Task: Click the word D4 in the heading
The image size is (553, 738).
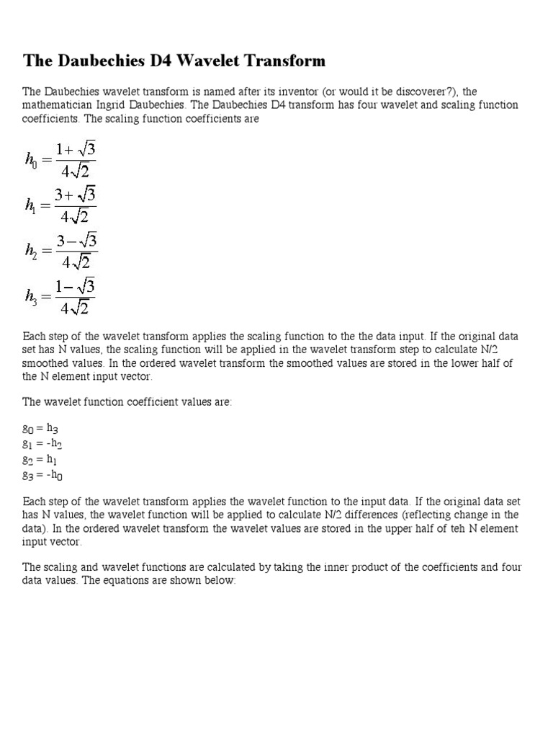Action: coord(174,61)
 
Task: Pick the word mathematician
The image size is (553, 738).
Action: coord(55,105)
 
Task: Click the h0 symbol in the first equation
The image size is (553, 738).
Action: coord(33,160)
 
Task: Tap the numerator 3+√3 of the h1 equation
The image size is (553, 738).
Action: coord(75,196)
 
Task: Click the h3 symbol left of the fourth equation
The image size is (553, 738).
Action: coord(32,295)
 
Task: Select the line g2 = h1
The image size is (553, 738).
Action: coord(45,459)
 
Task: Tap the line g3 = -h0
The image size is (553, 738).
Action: coord(48,475)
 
